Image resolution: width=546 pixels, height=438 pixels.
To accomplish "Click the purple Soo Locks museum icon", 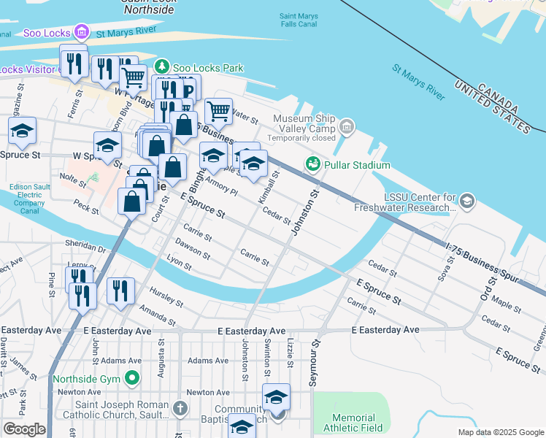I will (82, 32).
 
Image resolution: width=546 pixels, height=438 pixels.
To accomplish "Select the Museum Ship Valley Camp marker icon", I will (347, 129).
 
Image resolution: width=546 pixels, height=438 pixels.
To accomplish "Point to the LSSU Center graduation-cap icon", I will (466, 200).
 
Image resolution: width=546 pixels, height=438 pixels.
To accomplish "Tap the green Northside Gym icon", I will (131, 379).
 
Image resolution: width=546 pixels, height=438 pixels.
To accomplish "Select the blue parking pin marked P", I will (188, 91).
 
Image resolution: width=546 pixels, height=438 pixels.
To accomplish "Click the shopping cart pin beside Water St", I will (218, 111).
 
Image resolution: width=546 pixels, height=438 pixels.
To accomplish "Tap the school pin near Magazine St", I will (23, 131).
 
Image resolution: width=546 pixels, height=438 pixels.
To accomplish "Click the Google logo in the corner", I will (24, 429).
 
